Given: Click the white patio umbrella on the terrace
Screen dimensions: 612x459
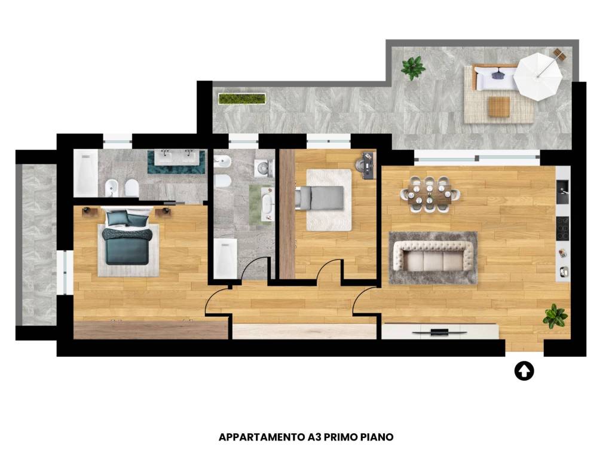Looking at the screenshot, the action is (x=537, y=77).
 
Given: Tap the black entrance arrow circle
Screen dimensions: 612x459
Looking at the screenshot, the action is (x=524, y=371).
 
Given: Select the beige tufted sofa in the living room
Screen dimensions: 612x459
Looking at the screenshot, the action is (x=433, y=256).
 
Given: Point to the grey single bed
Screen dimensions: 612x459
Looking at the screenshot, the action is (x=320, y=197).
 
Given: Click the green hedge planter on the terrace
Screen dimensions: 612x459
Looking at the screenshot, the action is (x=242, y=99).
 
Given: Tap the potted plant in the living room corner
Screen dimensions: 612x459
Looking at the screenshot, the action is (x=555, y=316).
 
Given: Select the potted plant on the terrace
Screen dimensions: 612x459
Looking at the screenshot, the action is (x=413, y=68).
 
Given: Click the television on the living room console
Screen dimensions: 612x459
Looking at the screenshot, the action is (x=439, y=332).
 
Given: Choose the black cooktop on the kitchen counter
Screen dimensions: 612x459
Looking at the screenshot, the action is (x=562, y=228).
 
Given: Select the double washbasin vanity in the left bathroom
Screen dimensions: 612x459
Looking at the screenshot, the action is (x=176, y=161).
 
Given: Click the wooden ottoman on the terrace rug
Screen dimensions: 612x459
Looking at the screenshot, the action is (x=499, y=106).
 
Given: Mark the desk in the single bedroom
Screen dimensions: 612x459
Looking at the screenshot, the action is (x=368, y=165).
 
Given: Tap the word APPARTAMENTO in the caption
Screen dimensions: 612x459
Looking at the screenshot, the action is (x=262, y=437).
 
